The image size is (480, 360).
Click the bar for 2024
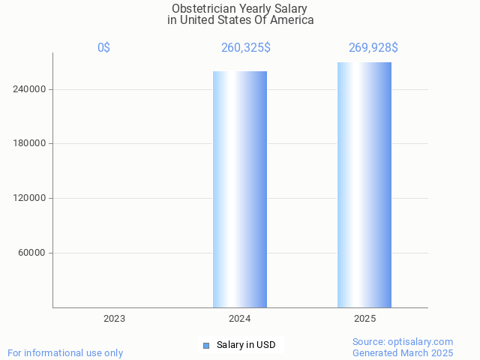coord(240,189)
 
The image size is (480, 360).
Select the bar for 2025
coord(364,184)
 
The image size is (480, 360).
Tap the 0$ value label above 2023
coord(103,48)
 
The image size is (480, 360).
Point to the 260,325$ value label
coord(246,48)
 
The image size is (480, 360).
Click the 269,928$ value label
coord(373,48)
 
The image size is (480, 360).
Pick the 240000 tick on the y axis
coord(31,89)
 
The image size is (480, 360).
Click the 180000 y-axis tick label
coord(31,143)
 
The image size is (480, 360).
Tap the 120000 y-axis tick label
coord(31,198)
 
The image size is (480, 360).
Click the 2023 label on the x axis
coord(114,319)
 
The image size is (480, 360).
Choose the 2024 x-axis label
coord(240,319)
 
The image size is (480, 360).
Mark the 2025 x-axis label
coord(365,319)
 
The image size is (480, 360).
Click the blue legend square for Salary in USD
coord(206,345)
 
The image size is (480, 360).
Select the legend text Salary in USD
coord(245,345)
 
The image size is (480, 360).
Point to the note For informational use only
coord(65,352)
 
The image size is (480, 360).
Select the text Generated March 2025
coord(403,352)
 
